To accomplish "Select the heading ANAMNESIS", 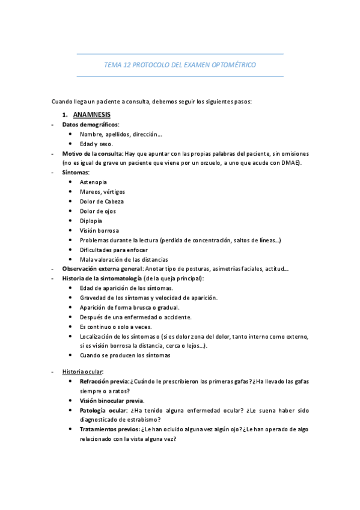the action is tap(92, 114).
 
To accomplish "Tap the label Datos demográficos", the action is tap(91, 124).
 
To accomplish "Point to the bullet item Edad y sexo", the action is tap(96, 144).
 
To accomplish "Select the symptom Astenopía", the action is tap(93, 182).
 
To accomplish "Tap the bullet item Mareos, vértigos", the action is tap(102, 191).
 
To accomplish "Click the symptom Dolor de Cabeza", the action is tap(102, 201).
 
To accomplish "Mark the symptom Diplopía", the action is tap(91, 221).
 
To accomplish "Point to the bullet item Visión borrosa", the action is tap(99, 230).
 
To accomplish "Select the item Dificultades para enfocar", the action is tap(114, 250).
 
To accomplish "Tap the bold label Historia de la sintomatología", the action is tap(102, 278).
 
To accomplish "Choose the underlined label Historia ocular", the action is tap(82, 372).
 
